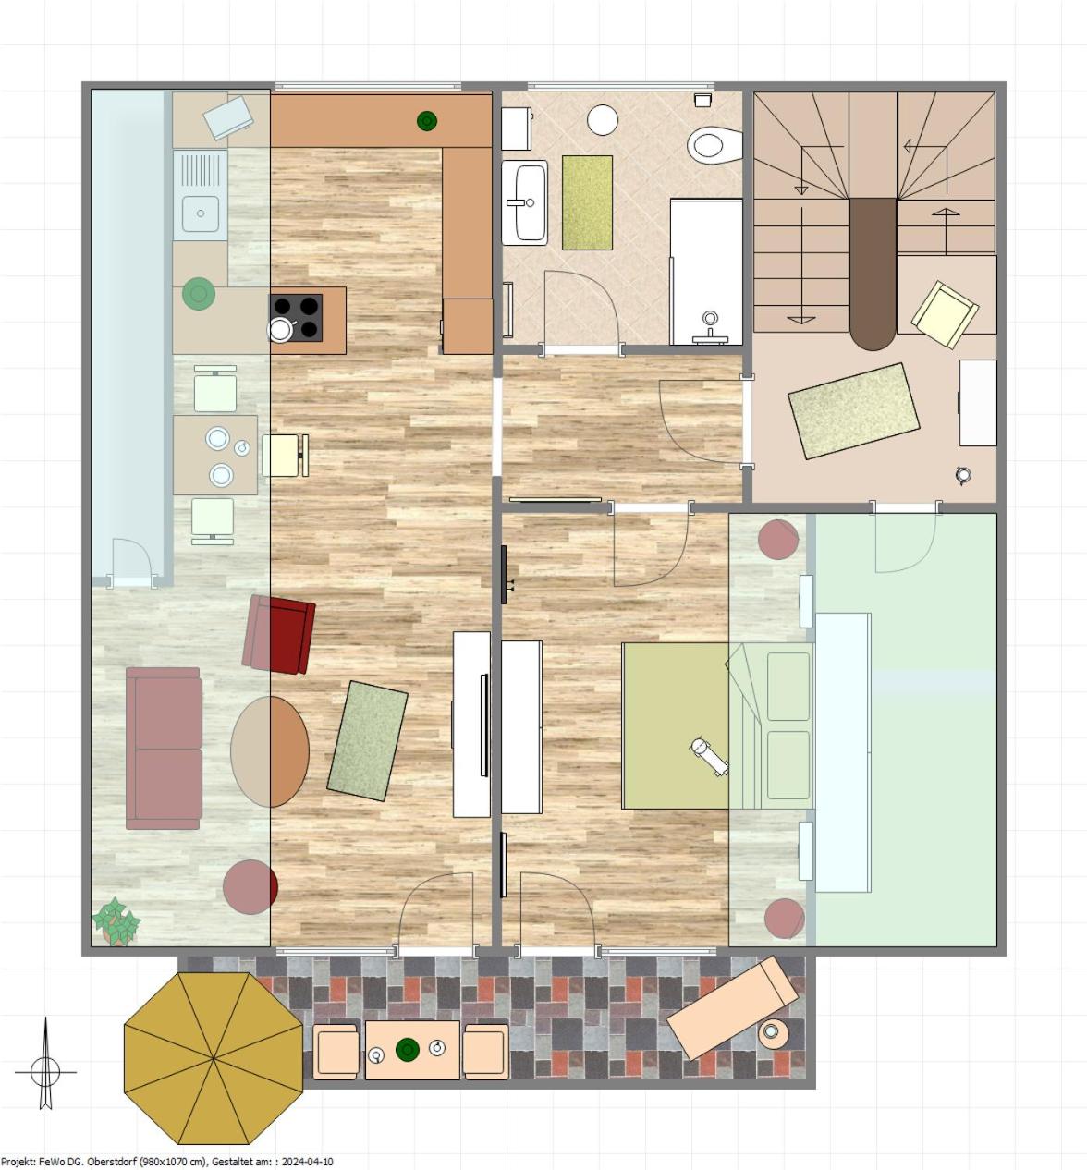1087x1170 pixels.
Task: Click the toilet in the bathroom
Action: click(x=714, y=145)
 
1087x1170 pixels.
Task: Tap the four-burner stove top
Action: click(x=296, y=318)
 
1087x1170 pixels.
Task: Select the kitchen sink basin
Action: click(x=201, y=213)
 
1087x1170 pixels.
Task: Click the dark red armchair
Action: click(x=279, y=634)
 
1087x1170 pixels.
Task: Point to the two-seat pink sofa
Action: click(x=164, y=749)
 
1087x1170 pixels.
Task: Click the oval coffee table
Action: click(x=270, y=751)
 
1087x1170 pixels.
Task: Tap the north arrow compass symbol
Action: click(x=45, y=1071)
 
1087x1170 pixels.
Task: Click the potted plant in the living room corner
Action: click(x=116, y=920)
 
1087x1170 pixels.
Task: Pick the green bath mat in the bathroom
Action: click(x=587, y=202)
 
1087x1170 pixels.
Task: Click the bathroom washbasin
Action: click(x=525, y=202)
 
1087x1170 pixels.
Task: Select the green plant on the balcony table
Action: click(x=408, y=1049)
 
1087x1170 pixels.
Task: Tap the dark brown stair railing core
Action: click(x=873, y=274)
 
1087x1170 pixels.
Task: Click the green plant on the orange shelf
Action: click(x=427, y=121)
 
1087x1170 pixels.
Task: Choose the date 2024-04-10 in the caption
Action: click(x=307, y=1162)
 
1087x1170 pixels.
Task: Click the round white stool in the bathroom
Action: click(x=603, y=120)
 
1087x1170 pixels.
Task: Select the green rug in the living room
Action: click(x=367, y=740)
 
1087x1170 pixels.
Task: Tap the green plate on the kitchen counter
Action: click(x=199, y=293)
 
